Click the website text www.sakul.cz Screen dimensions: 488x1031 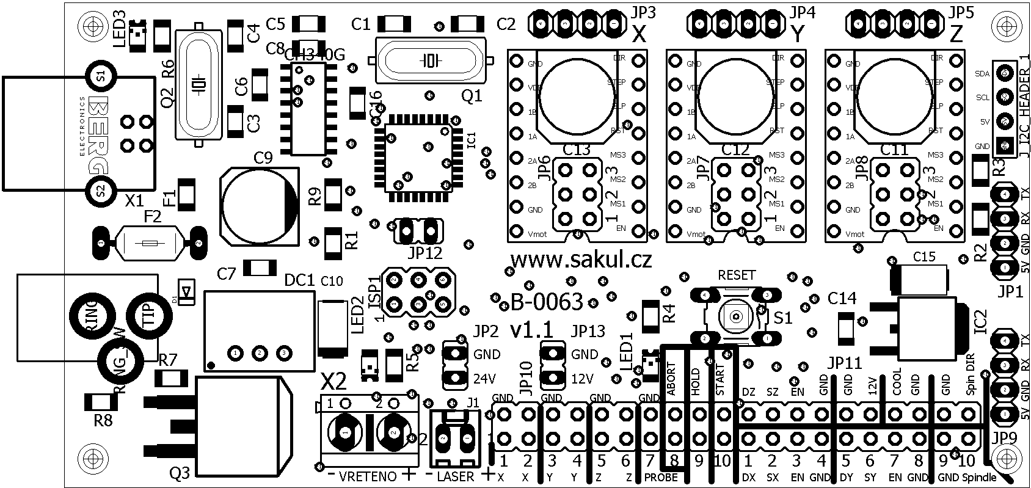(580, 260)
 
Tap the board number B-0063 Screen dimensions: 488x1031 (537, 301)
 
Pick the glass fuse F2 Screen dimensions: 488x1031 (150, 244)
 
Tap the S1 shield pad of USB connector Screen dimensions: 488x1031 (100, 76)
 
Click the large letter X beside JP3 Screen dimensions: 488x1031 (639, 35)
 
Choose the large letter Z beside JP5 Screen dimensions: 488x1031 (956, 35)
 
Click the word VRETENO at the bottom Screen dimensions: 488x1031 (367, 476)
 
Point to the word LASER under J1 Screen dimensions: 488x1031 (456, 476)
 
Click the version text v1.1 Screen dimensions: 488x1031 (531, 330)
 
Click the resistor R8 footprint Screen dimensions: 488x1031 (101, 402)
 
